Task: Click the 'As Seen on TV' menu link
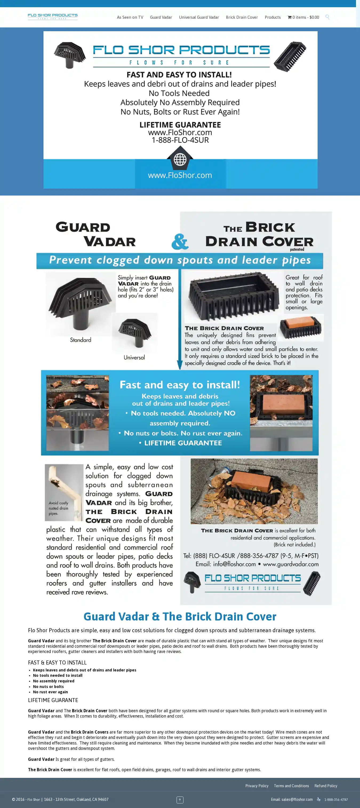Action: coord(130,17)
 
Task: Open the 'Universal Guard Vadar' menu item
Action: coord(199,17)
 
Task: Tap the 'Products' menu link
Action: coord(273,17)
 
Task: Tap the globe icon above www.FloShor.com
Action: coord(180,159)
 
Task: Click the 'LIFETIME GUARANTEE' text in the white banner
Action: coord(180,125)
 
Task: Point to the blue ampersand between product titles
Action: coord(180,241)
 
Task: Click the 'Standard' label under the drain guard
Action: coord(81,340)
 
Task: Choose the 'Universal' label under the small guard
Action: coord(134,357)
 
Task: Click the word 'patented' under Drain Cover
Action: coord(297,249)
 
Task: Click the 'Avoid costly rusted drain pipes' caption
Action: coord(58,508)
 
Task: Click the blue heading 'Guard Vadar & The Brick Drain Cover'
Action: coord(180,617)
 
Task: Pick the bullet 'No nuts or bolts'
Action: coord(48,687)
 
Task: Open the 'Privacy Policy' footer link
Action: coord(257,786)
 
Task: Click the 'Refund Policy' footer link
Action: coord(326,786)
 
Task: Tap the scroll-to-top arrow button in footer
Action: coord(180,799)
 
